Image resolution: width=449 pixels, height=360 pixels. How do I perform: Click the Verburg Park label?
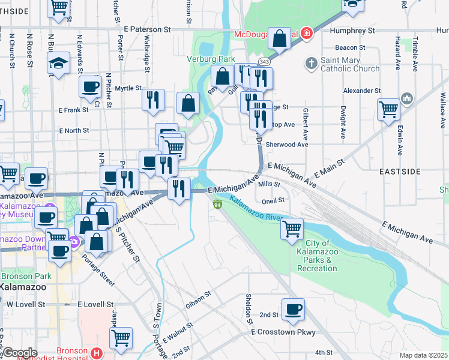210,59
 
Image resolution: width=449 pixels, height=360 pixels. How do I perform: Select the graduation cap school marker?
58,64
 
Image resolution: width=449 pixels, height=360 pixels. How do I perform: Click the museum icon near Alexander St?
406,98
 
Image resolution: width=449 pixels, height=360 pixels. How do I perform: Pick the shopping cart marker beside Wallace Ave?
389,109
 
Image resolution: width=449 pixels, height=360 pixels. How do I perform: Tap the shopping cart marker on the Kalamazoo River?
292,229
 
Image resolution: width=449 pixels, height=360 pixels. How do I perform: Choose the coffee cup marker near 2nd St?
293,309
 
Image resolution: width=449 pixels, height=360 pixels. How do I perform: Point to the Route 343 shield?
264,62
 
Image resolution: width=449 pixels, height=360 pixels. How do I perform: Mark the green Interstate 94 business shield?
217,205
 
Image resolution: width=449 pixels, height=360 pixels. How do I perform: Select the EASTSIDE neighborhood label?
400,172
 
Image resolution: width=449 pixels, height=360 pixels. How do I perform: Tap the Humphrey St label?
352,29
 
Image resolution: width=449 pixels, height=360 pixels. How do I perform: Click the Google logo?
20,352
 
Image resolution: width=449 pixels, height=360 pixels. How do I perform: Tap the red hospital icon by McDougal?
307,33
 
